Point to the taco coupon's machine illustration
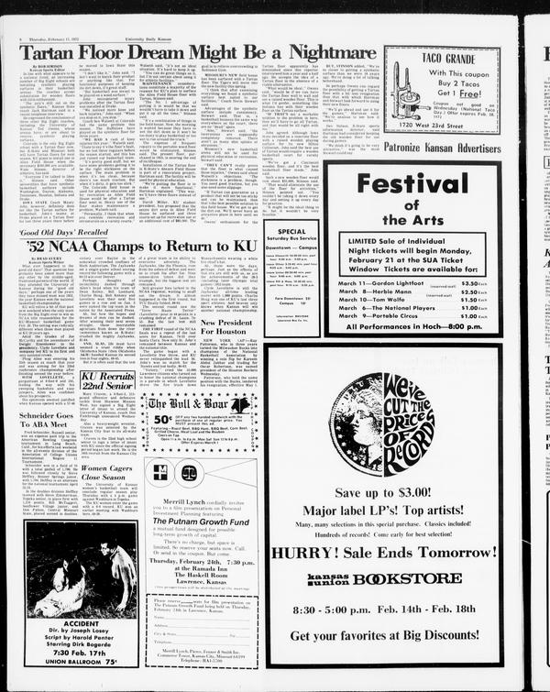coord(397,92)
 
